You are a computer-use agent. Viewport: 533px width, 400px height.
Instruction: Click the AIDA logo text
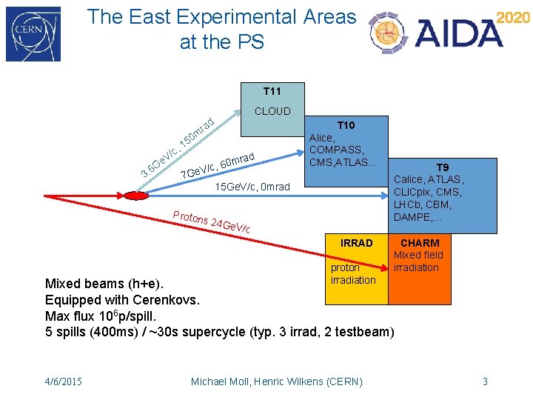click(x=459, y=33)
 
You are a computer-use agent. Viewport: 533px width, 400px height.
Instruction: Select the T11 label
click(x=272, y=91)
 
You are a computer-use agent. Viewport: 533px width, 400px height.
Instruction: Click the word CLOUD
click(x=272, y=112)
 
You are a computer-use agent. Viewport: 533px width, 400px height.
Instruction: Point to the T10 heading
click(x=346, y=125)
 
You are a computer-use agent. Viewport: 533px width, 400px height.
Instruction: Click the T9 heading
click(x=442, y=167)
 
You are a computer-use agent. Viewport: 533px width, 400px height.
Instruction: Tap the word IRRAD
click(x=357, y=243)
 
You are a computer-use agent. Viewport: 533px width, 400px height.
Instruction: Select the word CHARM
click(x=420, y=243)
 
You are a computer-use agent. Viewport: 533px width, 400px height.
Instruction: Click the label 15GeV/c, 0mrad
click(x=252, y=186)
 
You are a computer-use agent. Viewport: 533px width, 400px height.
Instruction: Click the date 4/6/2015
click(x=64, y=381)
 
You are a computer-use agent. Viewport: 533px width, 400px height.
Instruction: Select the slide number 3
click(x=485, y=381)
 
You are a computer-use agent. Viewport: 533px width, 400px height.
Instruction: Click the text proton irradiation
click(x=353, y=273)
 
